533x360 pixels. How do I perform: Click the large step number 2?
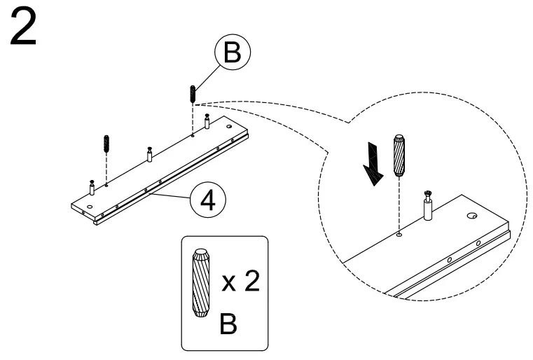[x=23, y=27]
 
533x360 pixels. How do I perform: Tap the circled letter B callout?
[x=233, y=53]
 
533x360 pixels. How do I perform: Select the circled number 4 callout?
[x=208, y=201]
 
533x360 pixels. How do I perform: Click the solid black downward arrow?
[x=373, y=164]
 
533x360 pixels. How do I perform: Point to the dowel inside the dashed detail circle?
[x=399, y=155]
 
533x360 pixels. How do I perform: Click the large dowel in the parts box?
[x=200, y=283]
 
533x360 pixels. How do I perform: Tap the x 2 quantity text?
[x=241, y=282]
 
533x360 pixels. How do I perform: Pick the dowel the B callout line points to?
[x=193, y=94]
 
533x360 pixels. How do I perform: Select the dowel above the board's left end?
[x=106, y=144]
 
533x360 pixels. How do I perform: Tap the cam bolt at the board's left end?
[x=92, y=187]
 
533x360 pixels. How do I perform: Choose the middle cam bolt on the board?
[x=149, y=154]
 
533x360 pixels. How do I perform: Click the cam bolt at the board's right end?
[x=207, y=121]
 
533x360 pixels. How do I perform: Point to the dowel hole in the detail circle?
[x=399, y=234]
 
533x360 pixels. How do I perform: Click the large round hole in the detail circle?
[x=471, y=216]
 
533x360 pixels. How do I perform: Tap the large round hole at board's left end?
[x=90, y=207]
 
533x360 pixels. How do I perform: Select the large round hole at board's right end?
[x=230, y=127]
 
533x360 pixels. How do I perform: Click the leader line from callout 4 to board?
[x=169, y=196]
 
